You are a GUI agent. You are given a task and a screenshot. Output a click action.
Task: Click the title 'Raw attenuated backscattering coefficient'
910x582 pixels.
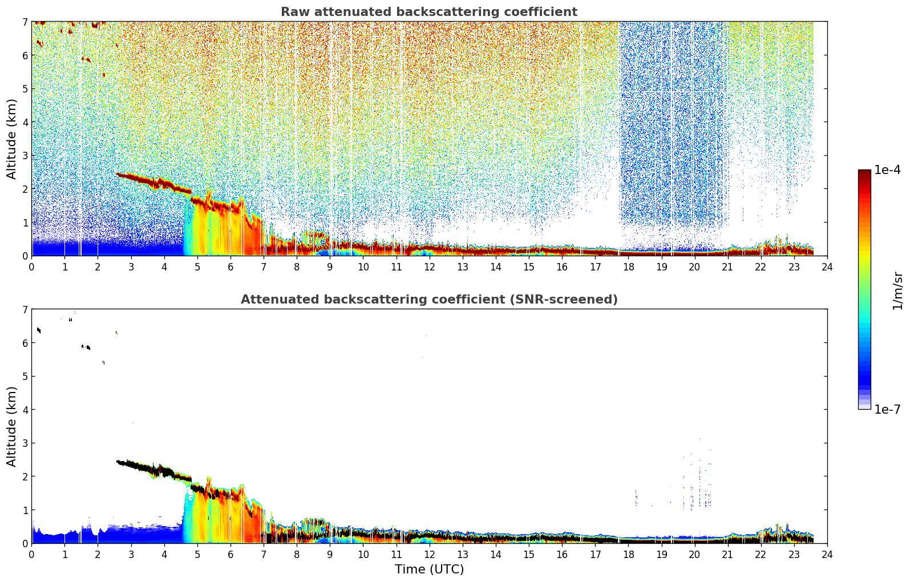(429, 12)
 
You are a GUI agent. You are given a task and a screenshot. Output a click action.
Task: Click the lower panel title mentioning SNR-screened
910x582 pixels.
(429, 299)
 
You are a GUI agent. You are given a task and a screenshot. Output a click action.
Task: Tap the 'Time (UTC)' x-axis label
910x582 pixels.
(429, 569)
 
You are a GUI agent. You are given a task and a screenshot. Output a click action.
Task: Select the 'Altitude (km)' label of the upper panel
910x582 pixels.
(11, 139)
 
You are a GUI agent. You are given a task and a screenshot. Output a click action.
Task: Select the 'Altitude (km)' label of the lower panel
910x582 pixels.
(11, 426)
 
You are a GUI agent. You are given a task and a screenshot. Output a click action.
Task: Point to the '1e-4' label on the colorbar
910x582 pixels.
(887, 170)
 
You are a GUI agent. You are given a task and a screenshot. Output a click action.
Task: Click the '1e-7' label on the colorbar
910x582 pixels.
(887, 409)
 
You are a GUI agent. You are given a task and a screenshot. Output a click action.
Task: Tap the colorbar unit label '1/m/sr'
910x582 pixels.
(897, 290)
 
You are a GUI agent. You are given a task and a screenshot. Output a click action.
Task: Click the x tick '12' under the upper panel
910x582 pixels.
(430, 267)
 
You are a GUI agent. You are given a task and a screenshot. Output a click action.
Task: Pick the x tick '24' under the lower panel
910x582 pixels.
(827, 555)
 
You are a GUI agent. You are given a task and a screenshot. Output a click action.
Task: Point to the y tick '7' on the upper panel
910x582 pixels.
(25, 22)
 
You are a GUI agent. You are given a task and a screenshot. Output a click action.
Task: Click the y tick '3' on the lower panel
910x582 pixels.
(25, 443)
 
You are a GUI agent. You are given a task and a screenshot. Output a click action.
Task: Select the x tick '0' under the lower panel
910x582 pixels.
(32, 555)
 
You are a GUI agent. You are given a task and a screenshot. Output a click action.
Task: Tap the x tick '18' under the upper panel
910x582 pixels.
(629, 267)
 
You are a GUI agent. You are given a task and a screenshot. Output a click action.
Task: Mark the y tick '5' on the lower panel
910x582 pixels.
(25, 377)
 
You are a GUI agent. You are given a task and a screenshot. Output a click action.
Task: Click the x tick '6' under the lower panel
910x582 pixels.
(230, 555)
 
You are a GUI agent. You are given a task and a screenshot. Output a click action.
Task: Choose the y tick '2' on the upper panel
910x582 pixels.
(25, 189)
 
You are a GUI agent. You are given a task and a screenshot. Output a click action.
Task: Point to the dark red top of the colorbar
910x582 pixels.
(864, 172)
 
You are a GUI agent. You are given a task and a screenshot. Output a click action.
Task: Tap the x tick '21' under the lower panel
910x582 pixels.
(727, 555)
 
